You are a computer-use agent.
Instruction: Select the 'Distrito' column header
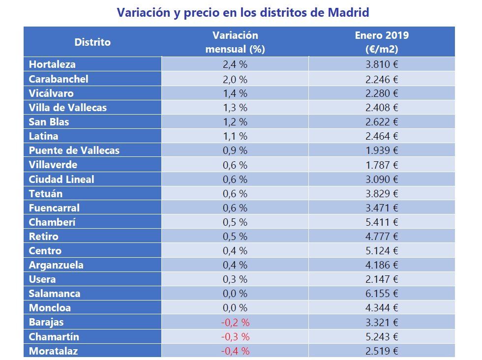92,42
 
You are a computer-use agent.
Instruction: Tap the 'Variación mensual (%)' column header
235,42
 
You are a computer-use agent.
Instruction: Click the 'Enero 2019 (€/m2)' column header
381,42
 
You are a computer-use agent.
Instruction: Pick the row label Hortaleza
52,64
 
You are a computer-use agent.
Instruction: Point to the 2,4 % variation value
235,64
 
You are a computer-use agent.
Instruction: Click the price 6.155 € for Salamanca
381,294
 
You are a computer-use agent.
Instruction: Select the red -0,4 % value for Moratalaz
235,351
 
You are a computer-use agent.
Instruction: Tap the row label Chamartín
54,337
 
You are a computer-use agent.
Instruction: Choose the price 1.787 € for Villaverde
381,165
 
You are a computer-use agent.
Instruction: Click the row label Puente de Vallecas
74,150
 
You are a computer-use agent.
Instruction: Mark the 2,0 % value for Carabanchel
235,79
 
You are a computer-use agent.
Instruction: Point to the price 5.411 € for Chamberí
381,222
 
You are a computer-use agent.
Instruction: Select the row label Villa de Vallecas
67,107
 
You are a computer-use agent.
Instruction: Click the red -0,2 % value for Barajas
235,323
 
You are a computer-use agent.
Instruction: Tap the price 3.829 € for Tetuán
381,193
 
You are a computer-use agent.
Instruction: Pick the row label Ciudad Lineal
61,179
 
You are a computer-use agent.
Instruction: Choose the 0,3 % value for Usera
235,279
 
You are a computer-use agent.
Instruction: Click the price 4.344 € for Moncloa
381,308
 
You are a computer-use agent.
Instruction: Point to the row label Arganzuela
56,265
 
